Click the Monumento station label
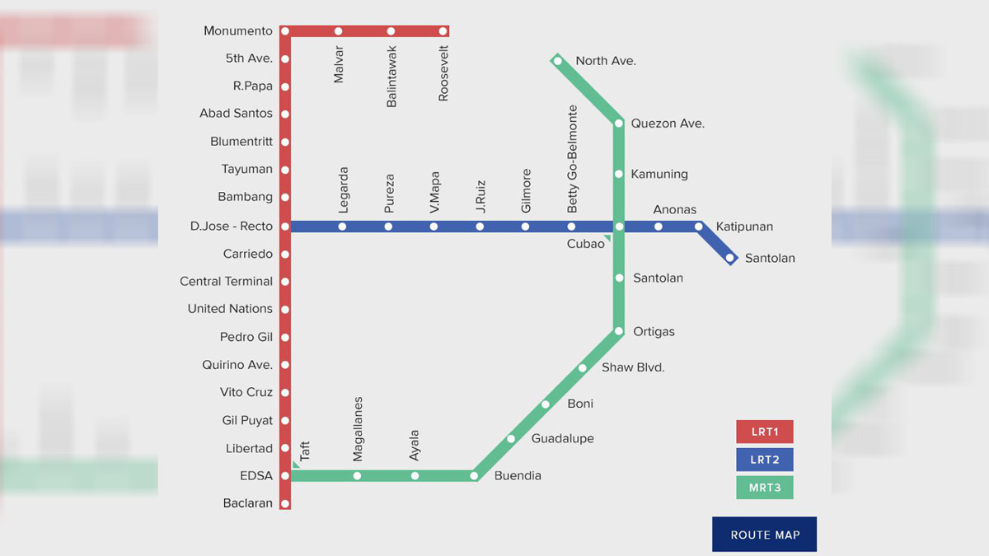pyautogui.click(x=238, y=31)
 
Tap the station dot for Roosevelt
pyautogui.click(x=443, y=31)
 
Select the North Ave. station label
pyautogui.click(x=606, y=61)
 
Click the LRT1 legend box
pyautogui.click(x=764, y=432)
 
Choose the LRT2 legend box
pyautogui.click(x=764, y=460)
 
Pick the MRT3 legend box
pyautogui.click(x=764, y=487)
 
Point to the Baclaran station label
pyautogui.click(x=247, y=503)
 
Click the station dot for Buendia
pyautogui.click(x=475, y=475)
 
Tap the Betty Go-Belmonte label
pyautogui.click(x=573, y=159)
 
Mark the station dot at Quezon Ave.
pyautogui.click(x=619, y=124)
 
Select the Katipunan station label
pyautogui.click(x=744, y=227)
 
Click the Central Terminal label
pyautogui.click(x=226, y=282)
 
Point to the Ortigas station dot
pyautogui.click(x=619, y=331)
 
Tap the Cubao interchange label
pyautogui.click(x=585, y=245)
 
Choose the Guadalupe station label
pyautogui.click(x=562, y=439)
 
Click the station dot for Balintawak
pyautogui.click(x=391, y=31)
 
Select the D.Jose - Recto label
pyautogui.click(x=231, y=227)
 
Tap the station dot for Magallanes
pyautogui.click(x=357, y=475)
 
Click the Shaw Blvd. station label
pyautogui.click(x=633, y=367)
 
